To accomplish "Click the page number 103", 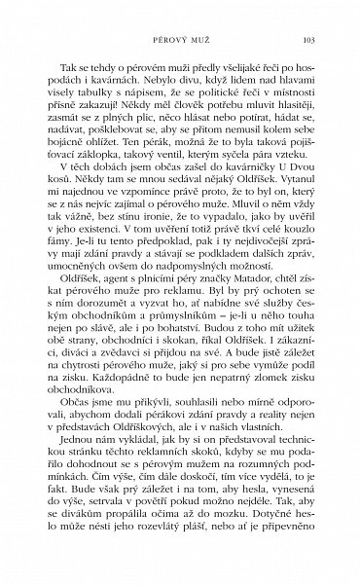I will [307, 40].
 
